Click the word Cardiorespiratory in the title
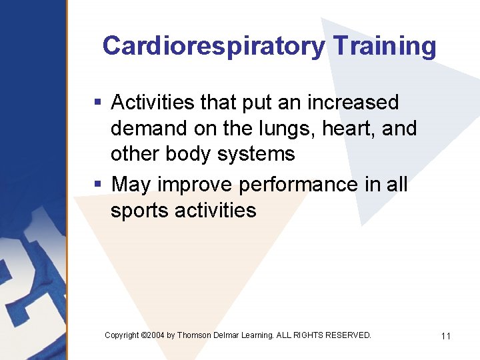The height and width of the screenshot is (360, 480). (x=213, y=46)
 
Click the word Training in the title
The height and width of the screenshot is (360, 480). (x=384, y=46)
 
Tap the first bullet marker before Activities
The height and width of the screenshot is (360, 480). (x=97, y=103)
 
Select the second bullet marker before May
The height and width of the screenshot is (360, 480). (x=97, y=183)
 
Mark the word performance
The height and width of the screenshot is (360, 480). (x=298, y=184)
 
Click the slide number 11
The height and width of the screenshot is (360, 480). (x=445, y=336)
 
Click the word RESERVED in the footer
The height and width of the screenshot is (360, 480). (x=348, y=335)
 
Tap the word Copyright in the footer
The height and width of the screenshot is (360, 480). (x=122, y=335)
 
